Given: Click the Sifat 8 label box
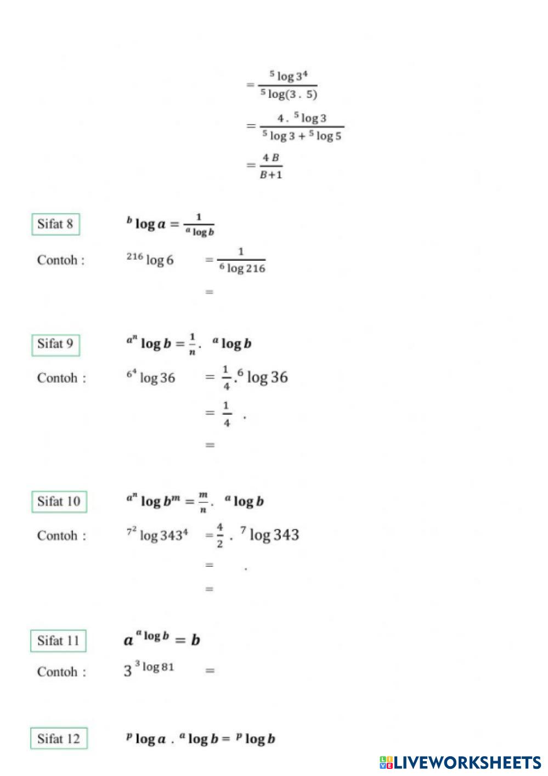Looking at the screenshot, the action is tap(55, 224).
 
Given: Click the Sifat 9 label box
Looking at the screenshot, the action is tap(55, 344).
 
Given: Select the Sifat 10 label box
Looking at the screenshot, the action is tap(59, 501).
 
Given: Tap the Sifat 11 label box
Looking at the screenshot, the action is tap(58, 641).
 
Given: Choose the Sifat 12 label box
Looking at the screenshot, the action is tap(59, 739).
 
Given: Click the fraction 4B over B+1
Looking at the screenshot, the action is tap(271, 166).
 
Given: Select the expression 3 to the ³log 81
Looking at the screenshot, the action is tap(149, 669).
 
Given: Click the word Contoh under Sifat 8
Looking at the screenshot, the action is tap(58, 260).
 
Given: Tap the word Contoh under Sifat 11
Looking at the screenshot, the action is tap(58, 672).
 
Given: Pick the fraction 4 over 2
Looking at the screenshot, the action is tap(219, 535).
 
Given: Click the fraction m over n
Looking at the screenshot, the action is tap(203, 502).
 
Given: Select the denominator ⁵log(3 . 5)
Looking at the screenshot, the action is tap(289, 94).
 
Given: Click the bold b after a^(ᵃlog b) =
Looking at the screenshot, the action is tap(195, 640).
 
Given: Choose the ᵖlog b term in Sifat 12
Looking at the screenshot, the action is tap(256, 739).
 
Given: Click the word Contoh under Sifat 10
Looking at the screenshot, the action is tap(58, 535).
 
